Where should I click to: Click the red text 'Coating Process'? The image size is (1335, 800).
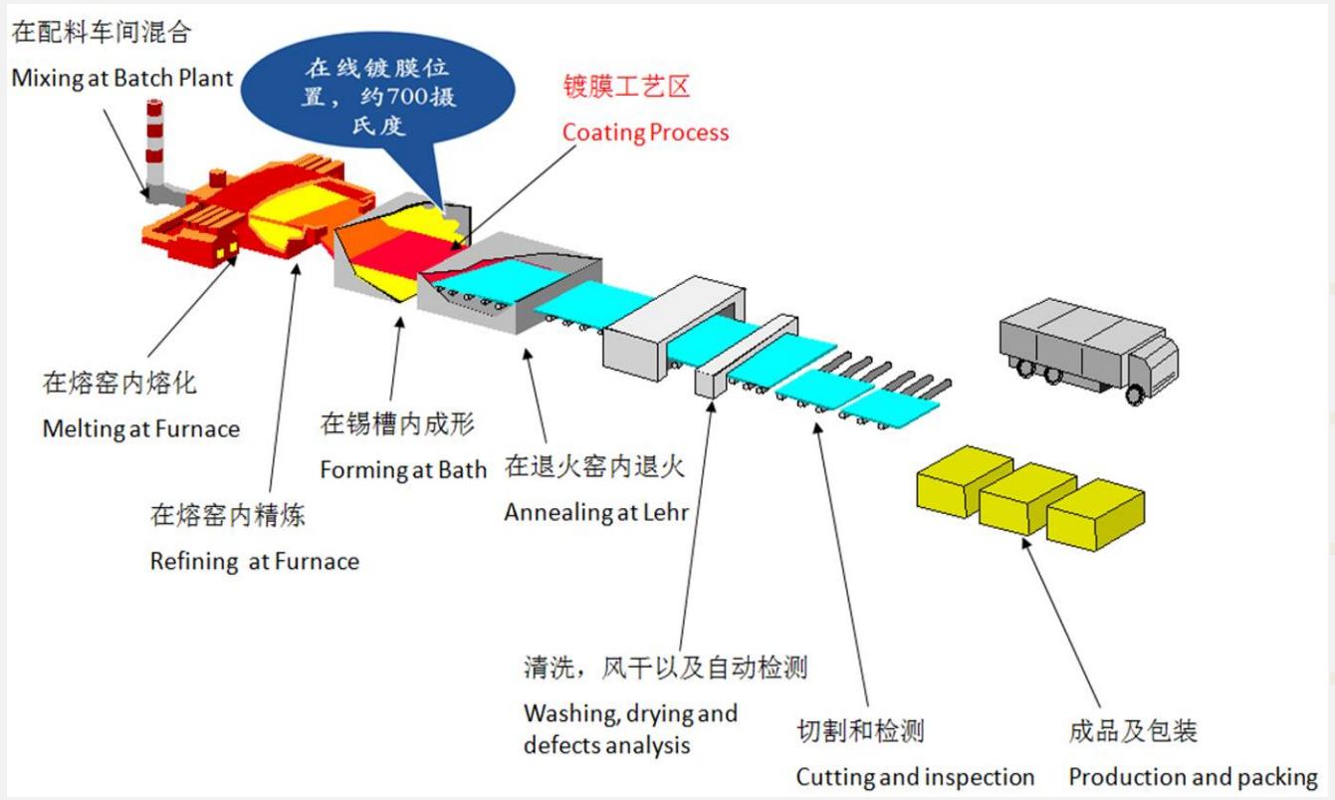(x=645, y=133)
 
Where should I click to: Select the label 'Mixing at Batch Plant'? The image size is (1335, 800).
(x=122, y=78)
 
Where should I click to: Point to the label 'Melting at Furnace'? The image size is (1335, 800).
(x=140, y=429)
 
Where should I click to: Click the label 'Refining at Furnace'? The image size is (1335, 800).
(x=254, y=562)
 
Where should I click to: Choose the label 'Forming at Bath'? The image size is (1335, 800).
(x=403, y=470)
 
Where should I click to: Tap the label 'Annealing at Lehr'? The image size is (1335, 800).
(x=596, y=513)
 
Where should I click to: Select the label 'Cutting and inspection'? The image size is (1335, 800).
(x=915, y=777)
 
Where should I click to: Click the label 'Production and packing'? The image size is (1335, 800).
(x=1193, y=777)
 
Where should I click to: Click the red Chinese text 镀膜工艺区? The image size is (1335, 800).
(x=626, y=88)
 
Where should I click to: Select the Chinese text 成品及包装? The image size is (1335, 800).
(x=1133, y=732)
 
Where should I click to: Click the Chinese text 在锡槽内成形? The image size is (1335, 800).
(x=397, y=424)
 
